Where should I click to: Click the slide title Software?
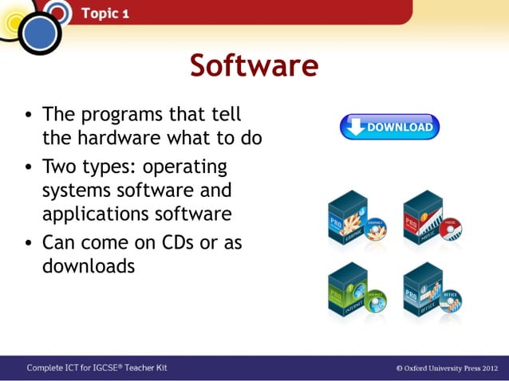[x=254, y=65]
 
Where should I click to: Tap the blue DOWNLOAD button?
[x=389, y=127]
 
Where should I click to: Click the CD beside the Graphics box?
[x=375, y=230]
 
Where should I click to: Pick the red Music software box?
[x=423, y=215]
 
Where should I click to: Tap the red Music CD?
[x=450, y=230]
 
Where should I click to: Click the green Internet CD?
[x=375, y=302]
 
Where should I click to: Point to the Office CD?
[x=450, y=302]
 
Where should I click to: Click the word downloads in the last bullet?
[x=89, y=266]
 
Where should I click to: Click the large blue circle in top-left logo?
[x=39, y=33]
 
